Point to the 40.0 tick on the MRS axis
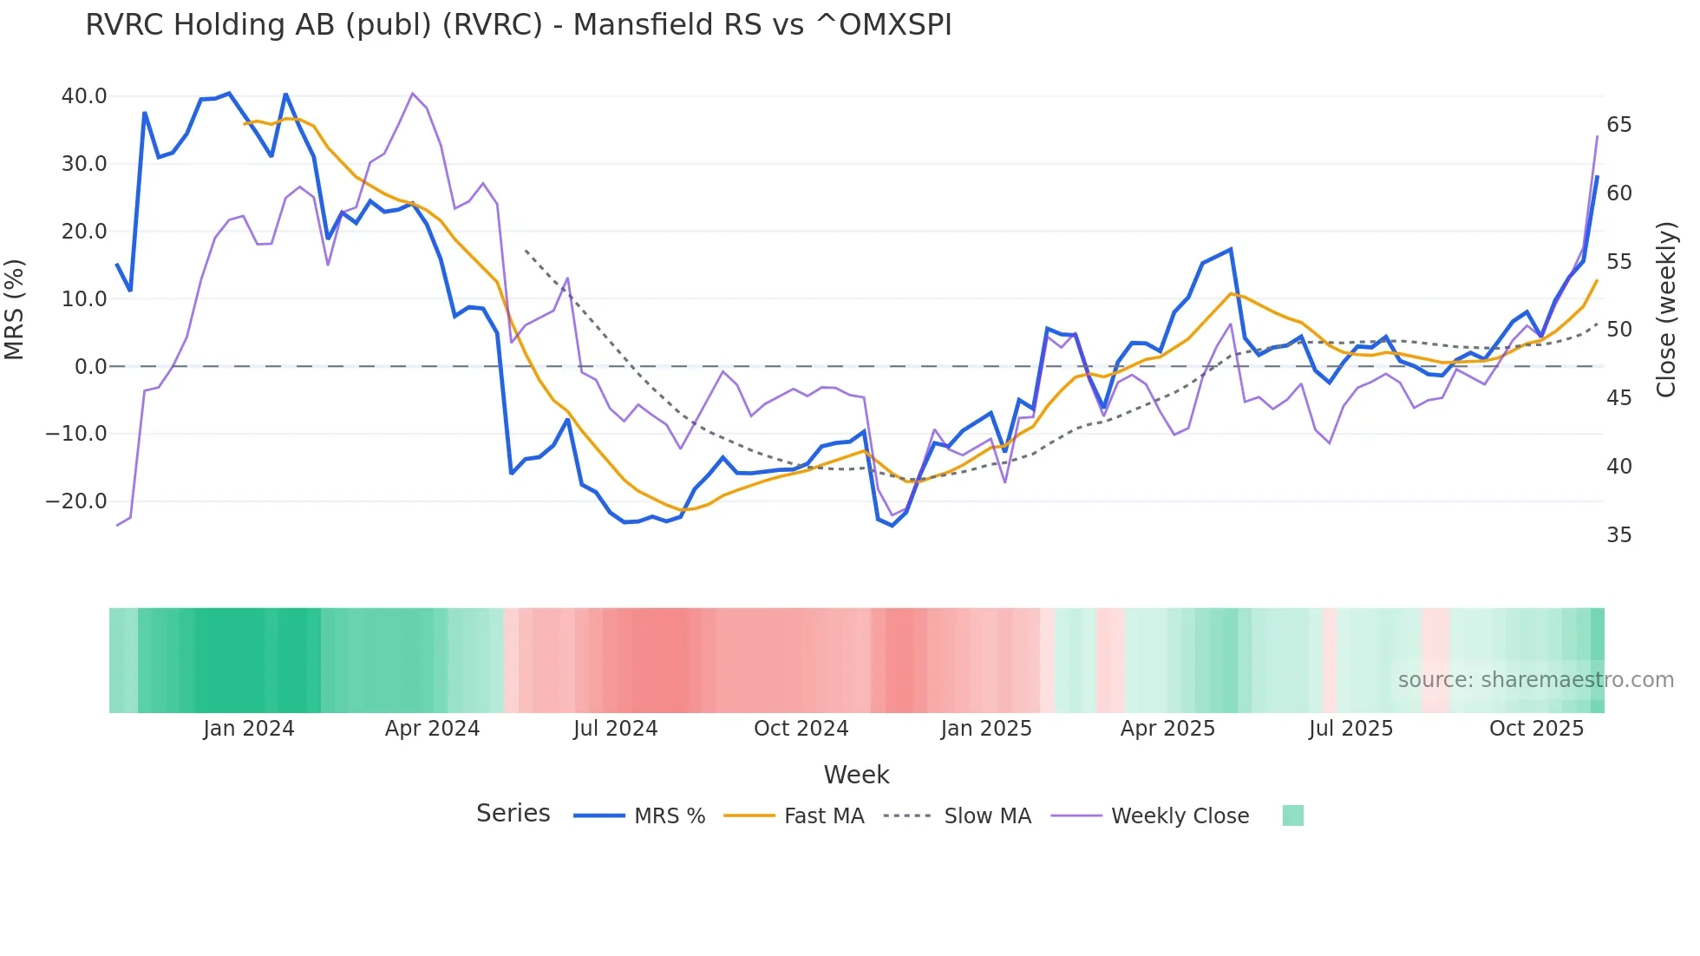tap(84, 96)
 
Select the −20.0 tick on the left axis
tap(76, 501)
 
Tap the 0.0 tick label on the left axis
tap(90, 367)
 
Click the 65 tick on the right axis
tap(1618, 125)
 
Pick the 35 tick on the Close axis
tap(1618, 535)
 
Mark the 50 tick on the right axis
tap(1618, 330)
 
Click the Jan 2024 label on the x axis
tap(249, 729)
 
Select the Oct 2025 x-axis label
tap(1536, 729)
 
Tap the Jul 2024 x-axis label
tap(615, 729)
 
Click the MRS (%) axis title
tap(15, 309)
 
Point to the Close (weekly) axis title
tap(1665, 310)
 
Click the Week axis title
tap(856, 775)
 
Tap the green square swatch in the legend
tap(1292, 815)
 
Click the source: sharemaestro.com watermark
tap(1535, 680)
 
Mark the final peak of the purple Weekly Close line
tap(1597, 136)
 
